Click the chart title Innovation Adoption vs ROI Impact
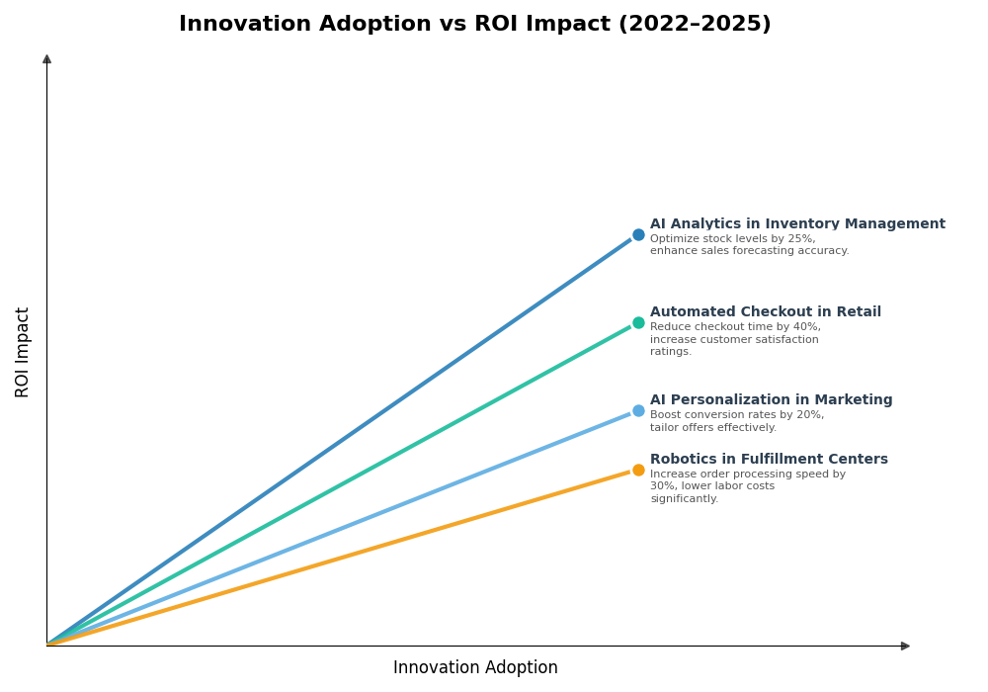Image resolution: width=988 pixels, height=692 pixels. tap(474, 25)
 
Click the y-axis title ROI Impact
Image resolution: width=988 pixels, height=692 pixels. tap(23, 352)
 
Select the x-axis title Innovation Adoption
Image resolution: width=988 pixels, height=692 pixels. tap(475, 668)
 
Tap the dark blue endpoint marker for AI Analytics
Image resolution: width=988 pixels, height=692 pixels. tap(638, 235)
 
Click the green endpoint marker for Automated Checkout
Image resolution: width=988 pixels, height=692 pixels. tap(638, 322)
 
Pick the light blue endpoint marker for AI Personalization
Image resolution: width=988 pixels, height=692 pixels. tap(638, 411)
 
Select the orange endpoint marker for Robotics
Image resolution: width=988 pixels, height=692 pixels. tap(638, 471)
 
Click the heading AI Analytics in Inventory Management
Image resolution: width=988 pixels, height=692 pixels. tap(797, 224)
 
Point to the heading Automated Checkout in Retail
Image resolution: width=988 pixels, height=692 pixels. tap(765, 312)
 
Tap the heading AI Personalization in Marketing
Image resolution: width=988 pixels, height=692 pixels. tap(771, 400)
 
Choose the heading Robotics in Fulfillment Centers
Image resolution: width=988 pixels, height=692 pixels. tap(769, 460)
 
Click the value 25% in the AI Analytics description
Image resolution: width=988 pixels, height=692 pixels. tap(802, 239)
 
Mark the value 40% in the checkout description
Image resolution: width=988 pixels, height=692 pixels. tap(807, 327)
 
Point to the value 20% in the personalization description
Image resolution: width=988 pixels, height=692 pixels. tap(810, 415)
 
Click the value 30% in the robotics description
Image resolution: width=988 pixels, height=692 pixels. tap(661, 486)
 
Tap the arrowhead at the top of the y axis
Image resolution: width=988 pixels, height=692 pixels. tap(46, 59)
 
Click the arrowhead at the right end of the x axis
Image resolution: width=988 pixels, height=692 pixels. tap(905, 647)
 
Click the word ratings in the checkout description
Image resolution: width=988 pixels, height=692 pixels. tap(670, 352)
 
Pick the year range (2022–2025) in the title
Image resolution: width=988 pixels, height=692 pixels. tap(695, 25)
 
